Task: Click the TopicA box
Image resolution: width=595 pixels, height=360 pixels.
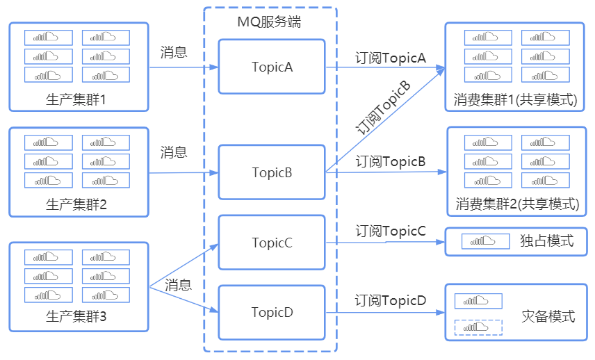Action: pyautogui.click(x=272, y=67)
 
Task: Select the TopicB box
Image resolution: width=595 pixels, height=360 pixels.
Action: pyautogui.click(x=272, y=172)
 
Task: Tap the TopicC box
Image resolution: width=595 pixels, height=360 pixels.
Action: pyautogui.click(x=272, y=243)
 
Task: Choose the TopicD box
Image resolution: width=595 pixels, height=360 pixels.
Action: pyautogui.click(x=272, y=312)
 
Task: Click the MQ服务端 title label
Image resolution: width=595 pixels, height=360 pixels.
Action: pyautogui.click(x=269, y=22)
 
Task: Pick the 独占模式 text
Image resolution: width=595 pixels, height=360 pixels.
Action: pyautogui.click(x=546, y=241)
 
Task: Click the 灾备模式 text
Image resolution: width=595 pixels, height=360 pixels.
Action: pyautogui.click(x=548, y=316)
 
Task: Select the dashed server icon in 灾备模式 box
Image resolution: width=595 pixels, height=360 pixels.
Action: pyautogui.click(x=478, y=327)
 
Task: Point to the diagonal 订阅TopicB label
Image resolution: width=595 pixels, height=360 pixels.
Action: pyautogui.click(x=383, y=107)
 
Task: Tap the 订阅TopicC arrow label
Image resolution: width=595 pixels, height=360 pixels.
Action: pyautogui.click(x=390, y=231)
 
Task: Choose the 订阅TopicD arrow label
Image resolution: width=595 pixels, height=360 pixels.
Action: pyautogui.click(x=390, y=300)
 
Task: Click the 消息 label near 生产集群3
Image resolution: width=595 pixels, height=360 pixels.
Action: pyautogui.click(x=178, y=284)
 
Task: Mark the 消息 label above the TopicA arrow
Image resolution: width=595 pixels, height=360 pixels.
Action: pyautogui.click(x=174, y=52)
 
